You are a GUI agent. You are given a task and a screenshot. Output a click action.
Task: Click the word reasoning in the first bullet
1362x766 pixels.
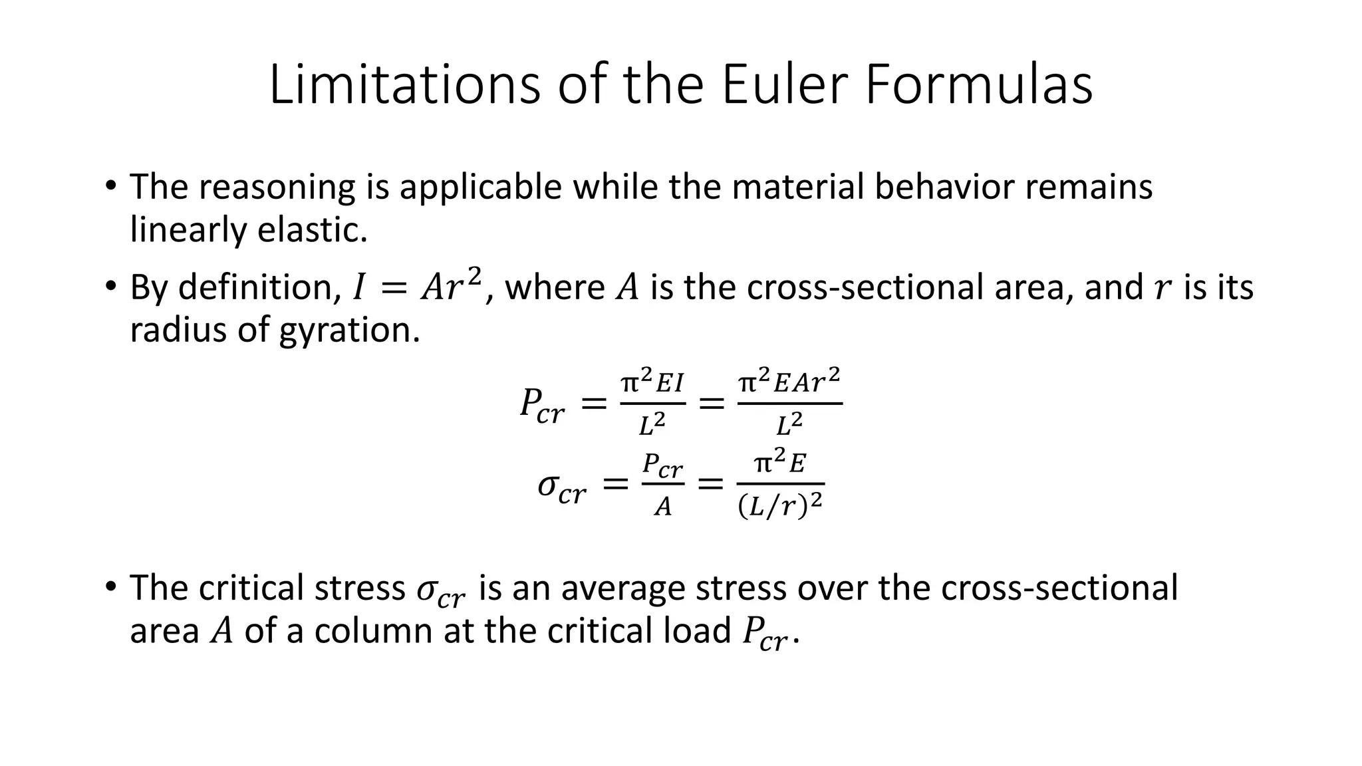tap(277, 188)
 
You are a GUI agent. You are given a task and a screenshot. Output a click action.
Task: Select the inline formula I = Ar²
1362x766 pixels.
tap(416, 287)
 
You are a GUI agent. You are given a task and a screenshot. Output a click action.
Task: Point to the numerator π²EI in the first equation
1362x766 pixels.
tap(652, 384)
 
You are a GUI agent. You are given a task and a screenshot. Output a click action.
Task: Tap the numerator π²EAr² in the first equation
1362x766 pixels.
tap(789, 382)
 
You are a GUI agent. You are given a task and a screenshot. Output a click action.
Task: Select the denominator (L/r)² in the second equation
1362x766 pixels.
tap(780, 507)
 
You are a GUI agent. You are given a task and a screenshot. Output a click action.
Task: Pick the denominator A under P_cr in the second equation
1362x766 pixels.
tap(663, 507)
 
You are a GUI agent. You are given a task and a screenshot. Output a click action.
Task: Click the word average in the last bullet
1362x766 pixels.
tap(622, 588)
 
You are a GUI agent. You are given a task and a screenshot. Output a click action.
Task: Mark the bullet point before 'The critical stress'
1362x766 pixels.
tap(110, 586)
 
